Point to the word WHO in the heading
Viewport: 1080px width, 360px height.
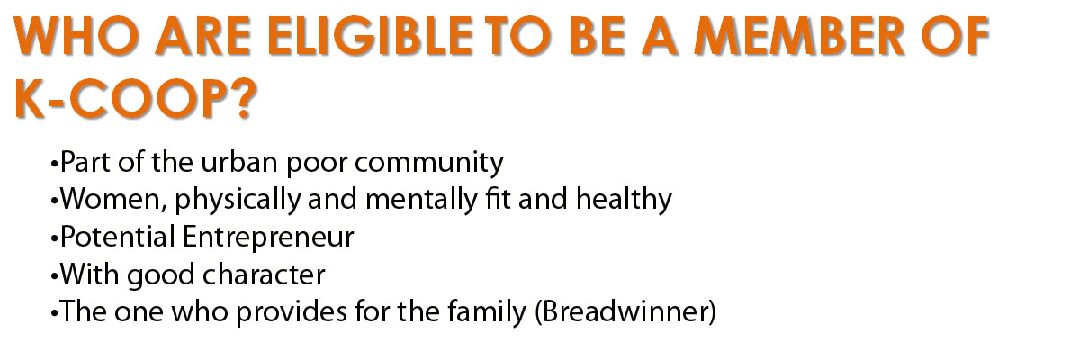click(x=77, y=36)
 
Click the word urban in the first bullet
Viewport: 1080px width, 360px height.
click(x=238, y=162)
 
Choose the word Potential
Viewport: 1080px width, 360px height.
click(x=118, y=237)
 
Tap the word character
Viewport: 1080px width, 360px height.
click(x=264, y=275)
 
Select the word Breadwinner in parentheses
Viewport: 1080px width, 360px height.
click(x=625, y=311)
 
